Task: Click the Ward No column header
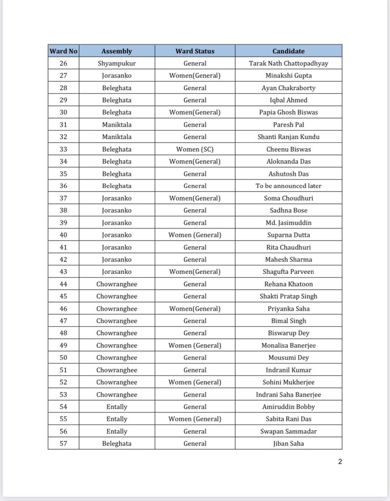pos(64,51)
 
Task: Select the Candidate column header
pos(288,51)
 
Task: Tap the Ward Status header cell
pos(195,51)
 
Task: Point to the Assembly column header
pos(116,51)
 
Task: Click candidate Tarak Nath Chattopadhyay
pos(288,63)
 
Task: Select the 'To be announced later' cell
pos(288,186)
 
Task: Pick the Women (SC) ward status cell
pos(195,149)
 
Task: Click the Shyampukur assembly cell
pos(116,63)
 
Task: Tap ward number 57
pos(64,443)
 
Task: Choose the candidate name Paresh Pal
pos(288,125)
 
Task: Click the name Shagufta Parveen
pos(288,272)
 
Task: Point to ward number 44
pos(64,284)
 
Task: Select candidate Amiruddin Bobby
pos(288,407)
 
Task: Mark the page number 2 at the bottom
pos(340,461)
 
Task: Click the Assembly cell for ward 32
pos(116,137)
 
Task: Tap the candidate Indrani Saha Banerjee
pos(288,394)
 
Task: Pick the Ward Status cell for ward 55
pos(195,419)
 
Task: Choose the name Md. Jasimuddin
pos(288,223)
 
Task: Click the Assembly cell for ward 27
pos(116,75)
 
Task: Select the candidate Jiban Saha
pos(288,443)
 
